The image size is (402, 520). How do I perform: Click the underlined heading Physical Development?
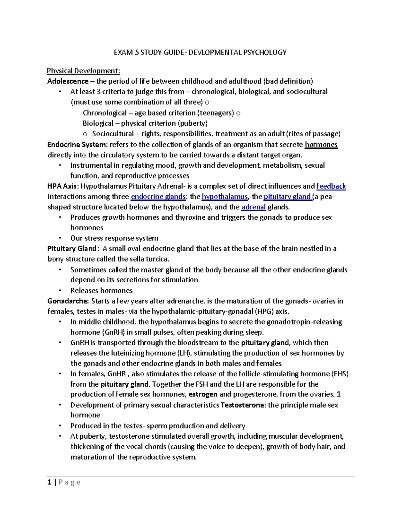pos(83,71)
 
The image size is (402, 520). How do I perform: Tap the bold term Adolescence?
pos(68,81)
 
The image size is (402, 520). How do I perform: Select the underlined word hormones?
pos(321,144)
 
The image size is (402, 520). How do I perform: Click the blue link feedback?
pos(331,186)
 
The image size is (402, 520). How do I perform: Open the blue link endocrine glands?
pos(158,196)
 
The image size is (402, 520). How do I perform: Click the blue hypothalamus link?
pos(224,196)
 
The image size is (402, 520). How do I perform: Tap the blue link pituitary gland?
pos(287,196)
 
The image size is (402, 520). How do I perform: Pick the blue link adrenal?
pos(254,207)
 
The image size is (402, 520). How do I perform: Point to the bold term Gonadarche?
pos(68,301)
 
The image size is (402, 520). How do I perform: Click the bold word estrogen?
pos(203,394)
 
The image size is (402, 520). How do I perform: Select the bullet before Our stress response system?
pos(60,238)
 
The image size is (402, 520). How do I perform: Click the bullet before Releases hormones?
pos(60,290)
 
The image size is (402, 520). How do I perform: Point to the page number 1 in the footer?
pos(49,482)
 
